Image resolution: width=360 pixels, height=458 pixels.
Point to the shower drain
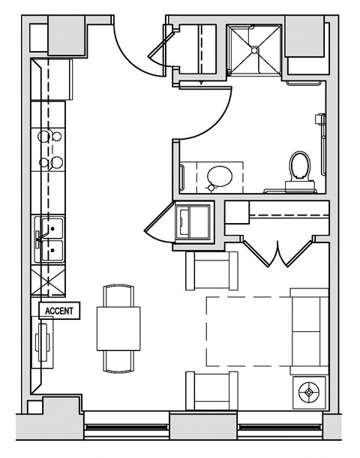pyautogui.click(x=255, y=50)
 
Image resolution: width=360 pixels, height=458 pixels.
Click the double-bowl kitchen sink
pyautogui.click(x=50, y=239)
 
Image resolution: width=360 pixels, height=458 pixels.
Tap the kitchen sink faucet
pyautogui.click(x=37, y=239)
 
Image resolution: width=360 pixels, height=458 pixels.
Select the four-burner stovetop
pyautogui.click(x=50, y=149)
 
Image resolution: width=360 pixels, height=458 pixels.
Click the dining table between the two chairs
pyautogui.click(x=118, y=329)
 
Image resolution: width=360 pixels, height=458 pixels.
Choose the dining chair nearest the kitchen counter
pyautogui.click(x=118, y=294)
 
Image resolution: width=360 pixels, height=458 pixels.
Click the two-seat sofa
pyautogui.click(x=308, y=330)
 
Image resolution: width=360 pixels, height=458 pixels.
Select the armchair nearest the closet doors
pyautogui.click(x=211, y=270)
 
